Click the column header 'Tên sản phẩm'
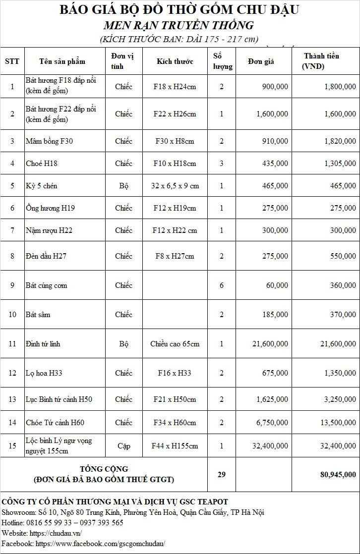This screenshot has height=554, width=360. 62,61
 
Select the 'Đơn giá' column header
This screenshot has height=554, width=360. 261,61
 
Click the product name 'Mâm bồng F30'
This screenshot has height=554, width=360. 49,141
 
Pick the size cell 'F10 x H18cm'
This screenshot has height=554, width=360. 175,164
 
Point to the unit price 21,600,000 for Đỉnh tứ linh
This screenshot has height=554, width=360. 270,343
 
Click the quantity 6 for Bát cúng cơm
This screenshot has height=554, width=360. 222,285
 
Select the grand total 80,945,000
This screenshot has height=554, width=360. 338,474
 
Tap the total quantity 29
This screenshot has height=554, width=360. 222,474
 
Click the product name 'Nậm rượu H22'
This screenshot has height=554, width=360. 49,230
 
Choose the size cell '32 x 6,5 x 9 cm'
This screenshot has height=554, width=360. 175,186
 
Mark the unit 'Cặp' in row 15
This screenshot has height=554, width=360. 123,446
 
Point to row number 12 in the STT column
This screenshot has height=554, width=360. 12,373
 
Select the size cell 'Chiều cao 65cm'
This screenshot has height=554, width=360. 175,343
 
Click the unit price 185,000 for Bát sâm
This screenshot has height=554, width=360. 274,315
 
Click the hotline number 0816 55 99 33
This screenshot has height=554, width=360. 49,523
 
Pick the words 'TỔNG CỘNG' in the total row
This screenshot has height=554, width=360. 104,469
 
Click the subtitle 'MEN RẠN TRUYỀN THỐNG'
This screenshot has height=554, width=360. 179,25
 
